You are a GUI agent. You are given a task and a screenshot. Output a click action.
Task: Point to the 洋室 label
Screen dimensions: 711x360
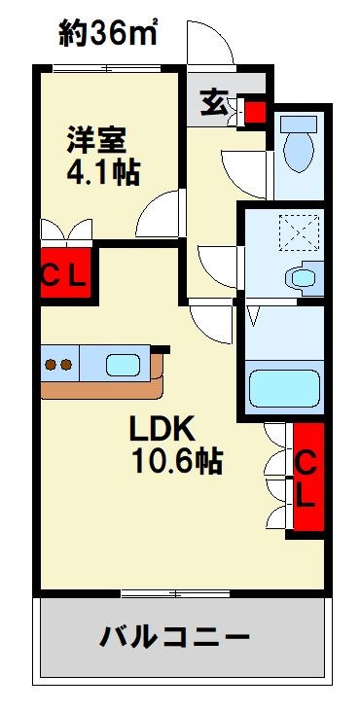tap(95, 139)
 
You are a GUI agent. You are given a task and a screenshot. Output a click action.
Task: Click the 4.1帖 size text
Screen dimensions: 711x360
tap(103, 174)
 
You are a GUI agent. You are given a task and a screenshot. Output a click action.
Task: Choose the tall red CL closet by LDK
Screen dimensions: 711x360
tap(306, 478)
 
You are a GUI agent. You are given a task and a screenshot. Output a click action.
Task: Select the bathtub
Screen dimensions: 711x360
tap(284, 387)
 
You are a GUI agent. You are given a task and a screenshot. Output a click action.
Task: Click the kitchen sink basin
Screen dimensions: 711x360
tap(124, 366)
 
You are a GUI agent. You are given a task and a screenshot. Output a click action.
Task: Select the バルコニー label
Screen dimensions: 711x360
tap(175, 637)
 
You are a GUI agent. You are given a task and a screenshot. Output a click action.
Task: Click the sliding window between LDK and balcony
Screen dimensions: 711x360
tap(175, 591)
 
